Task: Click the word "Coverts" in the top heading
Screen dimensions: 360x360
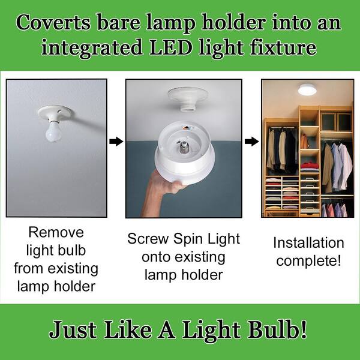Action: (x=50, y=24)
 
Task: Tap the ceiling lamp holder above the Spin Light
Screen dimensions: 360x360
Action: (x=188, y=96)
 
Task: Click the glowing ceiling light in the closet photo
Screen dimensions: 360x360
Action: (x=307, y=90)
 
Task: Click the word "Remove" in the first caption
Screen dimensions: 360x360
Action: (x=56, y=232)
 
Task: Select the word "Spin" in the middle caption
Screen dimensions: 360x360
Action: (x=188, y=239)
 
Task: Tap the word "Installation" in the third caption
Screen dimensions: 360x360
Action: (x=308, y=243)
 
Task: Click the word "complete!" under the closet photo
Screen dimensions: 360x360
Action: (x=308, y=261)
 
